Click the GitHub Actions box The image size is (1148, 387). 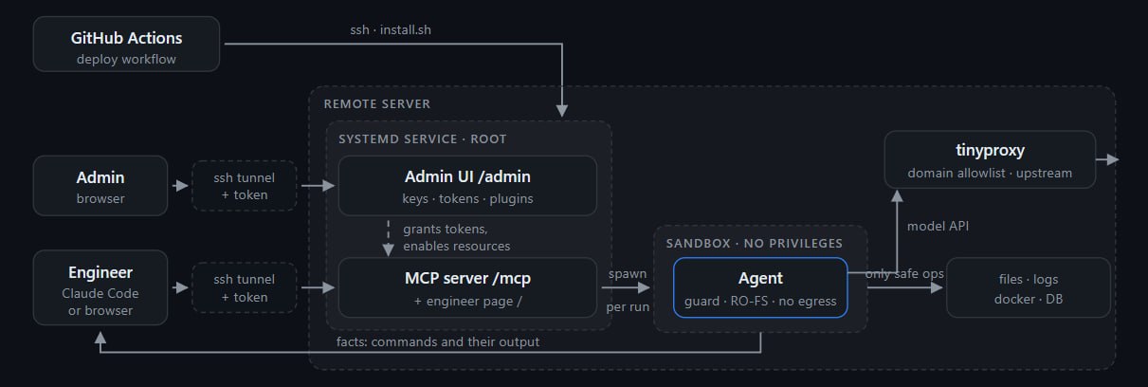coord(127,44)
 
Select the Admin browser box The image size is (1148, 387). coord(100,186)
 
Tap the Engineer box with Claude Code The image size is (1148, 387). coord(100,287)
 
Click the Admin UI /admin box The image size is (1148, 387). coord(467,186)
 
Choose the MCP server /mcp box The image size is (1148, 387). coord(467,287)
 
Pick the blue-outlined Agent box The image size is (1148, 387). coord(760,287)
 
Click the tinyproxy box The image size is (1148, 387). coord(990,159)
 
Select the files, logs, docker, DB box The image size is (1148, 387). coord(1028,287)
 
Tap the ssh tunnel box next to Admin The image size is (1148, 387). coord(245,186)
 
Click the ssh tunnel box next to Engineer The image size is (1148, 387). coord(245,287)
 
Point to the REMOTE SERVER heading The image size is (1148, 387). coord(376,104)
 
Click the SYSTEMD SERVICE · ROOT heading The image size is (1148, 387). coord(422,138)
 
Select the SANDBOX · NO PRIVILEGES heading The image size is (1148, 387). coord(754,243)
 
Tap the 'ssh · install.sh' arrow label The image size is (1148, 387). coord(391,29)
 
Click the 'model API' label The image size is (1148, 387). coord(938,226)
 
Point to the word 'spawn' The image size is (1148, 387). coord(628,274)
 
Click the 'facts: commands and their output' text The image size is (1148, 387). coord(438,341)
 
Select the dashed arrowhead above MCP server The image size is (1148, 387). coord(388,249)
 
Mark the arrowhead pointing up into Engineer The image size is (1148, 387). coord(100,338)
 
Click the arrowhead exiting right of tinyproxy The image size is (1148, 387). coord(1113,159)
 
